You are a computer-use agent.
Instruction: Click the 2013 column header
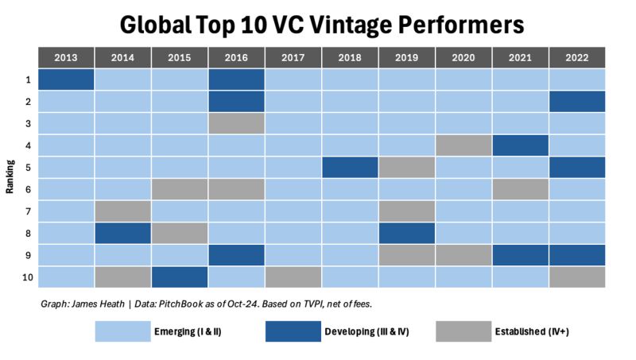click(66, 58)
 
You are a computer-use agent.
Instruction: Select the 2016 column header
click(236, 58)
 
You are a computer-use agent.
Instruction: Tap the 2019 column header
click(406, 58)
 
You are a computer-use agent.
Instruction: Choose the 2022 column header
click(577, 58)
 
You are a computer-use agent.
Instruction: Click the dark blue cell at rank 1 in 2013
click(66, 79)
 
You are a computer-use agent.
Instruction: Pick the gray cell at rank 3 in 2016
click(236, 123)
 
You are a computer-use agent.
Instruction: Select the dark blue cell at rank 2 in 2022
click(577, 102)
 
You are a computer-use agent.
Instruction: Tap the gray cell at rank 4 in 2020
click(463, 145)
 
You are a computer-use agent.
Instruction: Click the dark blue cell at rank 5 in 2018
click(350, 167)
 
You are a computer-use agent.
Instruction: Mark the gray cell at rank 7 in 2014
click(122, 211)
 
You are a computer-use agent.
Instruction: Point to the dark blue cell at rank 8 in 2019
click(406, 233)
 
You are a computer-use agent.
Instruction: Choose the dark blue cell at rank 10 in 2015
click(180, 277)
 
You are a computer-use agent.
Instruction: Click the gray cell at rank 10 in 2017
click(293, 277)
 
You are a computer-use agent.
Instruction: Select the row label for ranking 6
click(27, 189)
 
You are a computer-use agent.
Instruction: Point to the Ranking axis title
click(9, 178)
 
